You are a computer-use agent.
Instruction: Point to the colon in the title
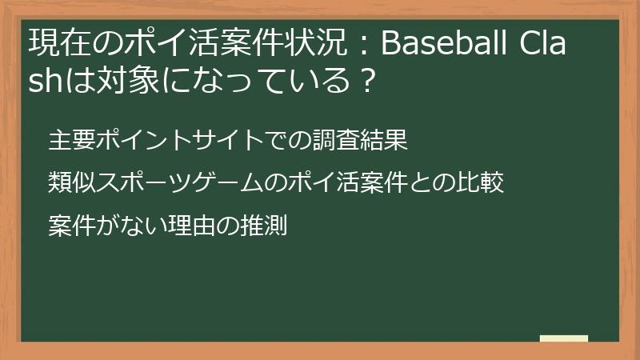[x=361, y=45]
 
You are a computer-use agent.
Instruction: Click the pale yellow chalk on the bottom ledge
[x=564, y=338]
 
